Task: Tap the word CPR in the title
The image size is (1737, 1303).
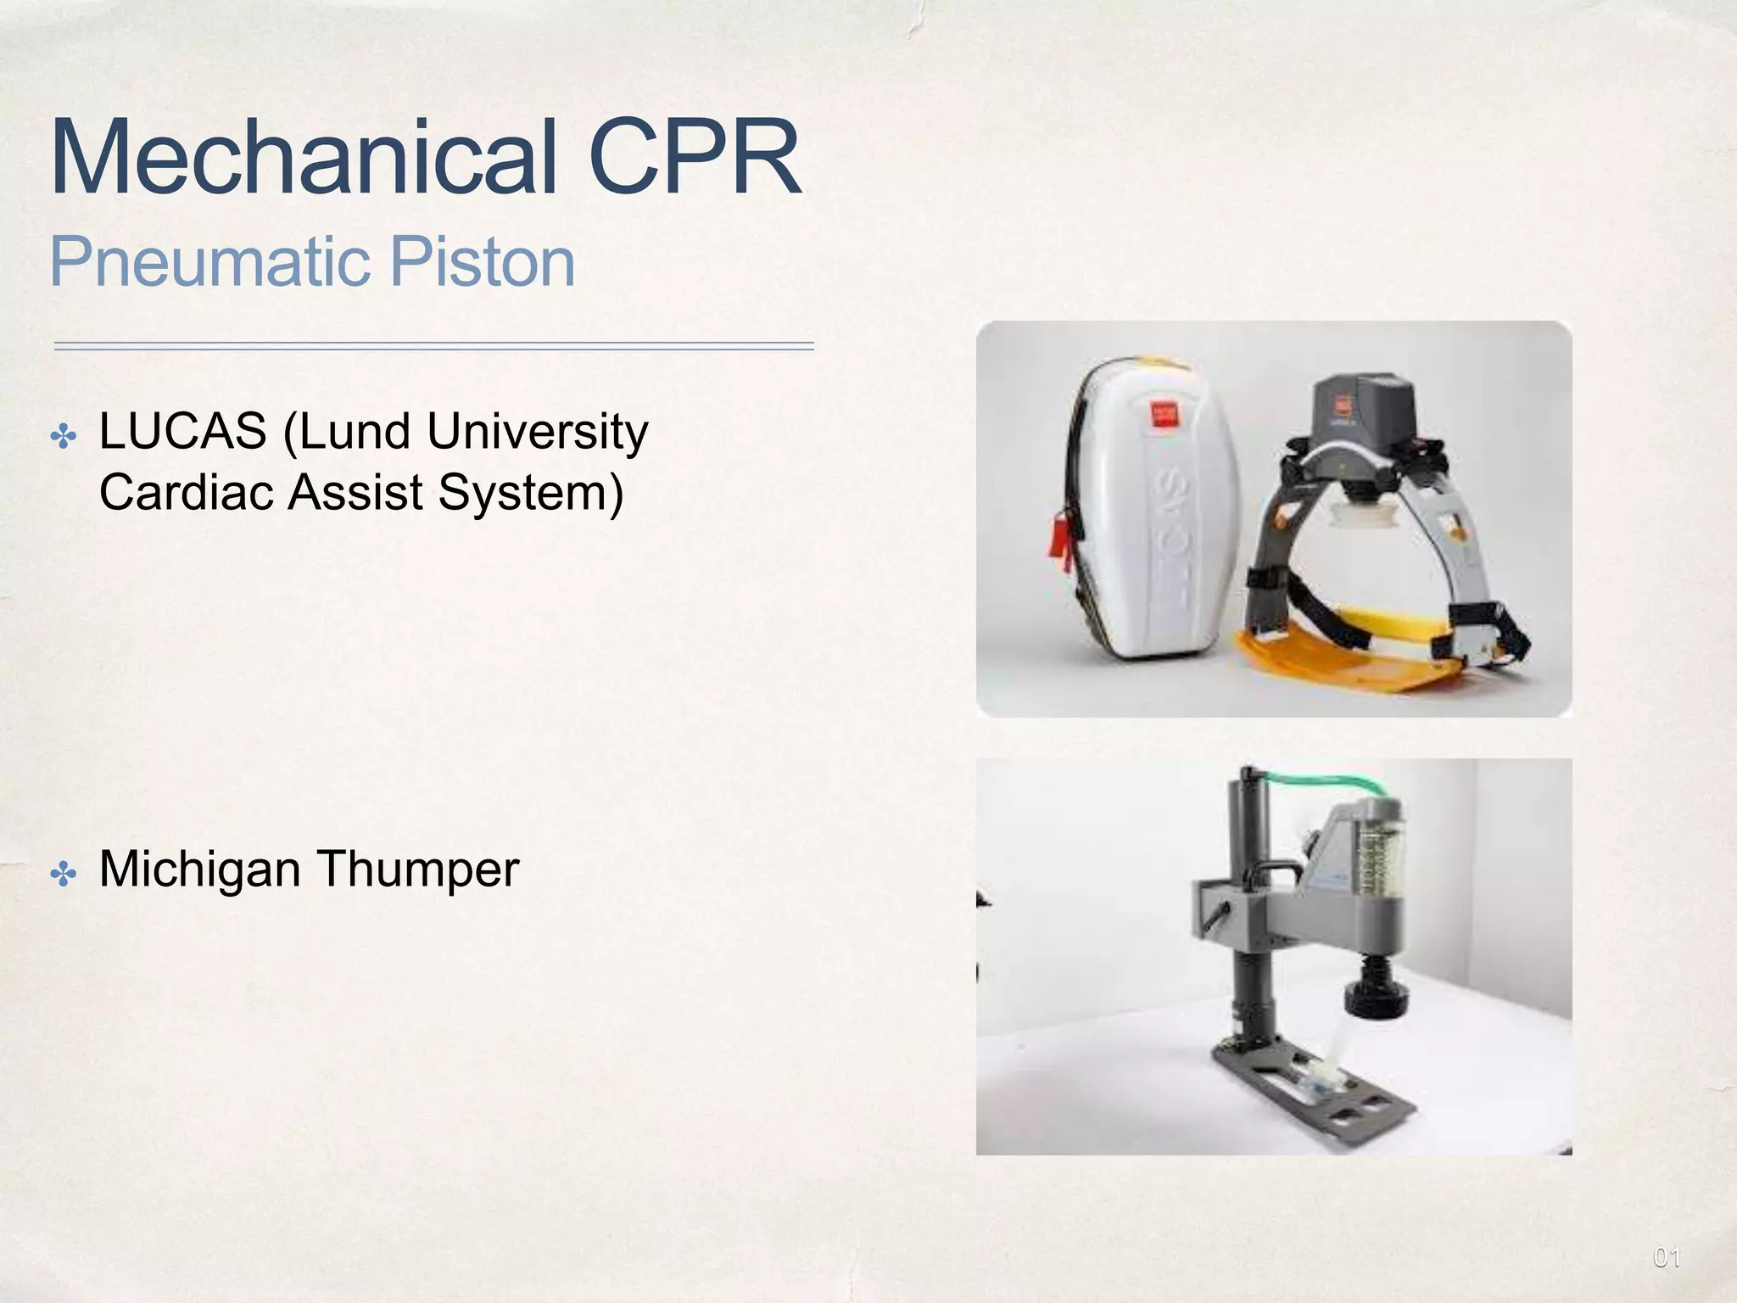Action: (x=694, y=159)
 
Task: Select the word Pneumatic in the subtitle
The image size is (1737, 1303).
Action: (x=209, y=262)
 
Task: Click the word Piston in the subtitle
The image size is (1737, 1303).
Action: (x=482, y=262)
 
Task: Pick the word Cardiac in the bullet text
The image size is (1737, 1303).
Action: (x=187, y=492)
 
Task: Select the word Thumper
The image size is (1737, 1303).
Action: (x=417, y=869)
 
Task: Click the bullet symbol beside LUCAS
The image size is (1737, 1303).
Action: (x=64, y=438)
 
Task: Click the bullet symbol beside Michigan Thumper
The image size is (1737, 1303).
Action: (x=64, y=874)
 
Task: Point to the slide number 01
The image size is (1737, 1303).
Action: (x=1667, y=1257)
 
